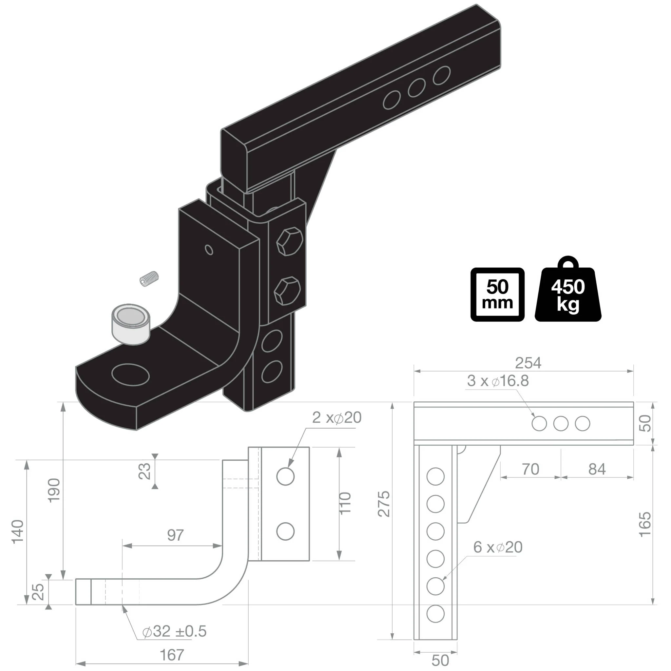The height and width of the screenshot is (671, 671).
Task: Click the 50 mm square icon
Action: point(497,295)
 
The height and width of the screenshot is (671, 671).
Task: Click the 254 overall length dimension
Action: point(528,363)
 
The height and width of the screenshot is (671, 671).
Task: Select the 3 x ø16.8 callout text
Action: point(498,381)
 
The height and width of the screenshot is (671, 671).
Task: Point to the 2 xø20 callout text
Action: point(336,417)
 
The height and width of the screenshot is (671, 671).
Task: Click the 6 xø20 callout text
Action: point(497,547)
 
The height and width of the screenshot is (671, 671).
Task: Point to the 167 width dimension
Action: point(172,655)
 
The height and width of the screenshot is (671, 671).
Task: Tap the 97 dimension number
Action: point(175,535)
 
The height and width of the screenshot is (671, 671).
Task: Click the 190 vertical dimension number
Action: point(54,490)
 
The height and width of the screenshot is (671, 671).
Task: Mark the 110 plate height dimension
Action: point(345,503)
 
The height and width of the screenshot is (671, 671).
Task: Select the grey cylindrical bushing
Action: point(130,324)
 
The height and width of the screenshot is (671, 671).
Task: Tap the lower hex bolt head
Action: point(287,291)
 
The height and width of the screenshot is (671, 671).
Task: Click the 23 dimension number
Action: point(144,471)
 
